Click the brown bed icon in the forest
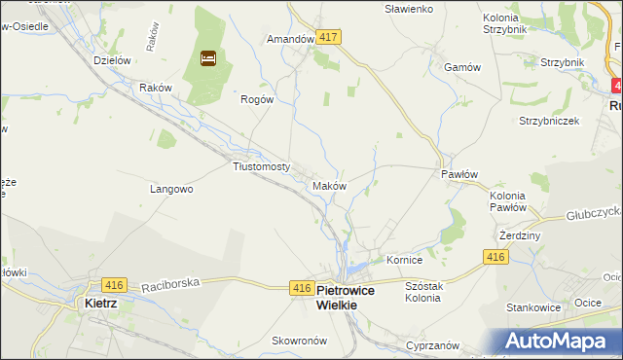(207, 58)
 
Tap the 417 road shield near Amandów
(328, 37)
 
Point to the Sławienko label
(409, 9)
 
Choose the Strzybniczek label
(549, 122)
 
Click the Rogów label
(258, 99)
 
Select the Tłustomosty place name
(262, 166)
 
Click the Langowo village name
(171, 189)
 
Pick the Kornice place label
(403, 261)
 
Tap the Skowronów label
(270, 340)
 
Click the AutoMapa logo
(558, 341)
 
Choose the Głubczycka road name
(593, 216)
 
